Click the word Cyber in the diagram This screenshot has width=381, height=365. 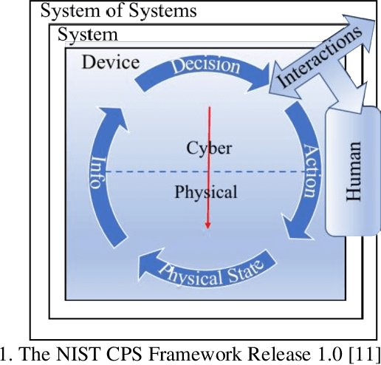click(209, 149)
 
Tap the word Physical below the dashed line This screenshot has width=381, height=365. click(206, 193)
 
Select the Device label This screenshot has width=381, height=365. click(110, 62)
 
